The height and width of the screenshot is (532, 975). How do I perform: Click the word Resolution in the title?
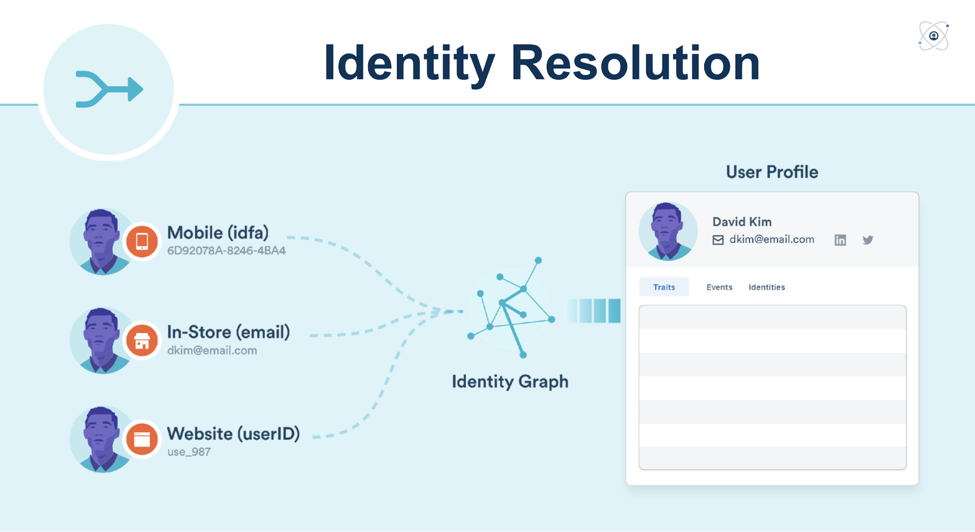point(635,63)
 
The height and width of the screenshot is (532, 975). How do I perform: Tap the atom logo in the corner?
point(934,36)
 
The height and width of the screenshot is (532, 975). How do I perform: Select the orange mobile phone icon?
point(142,241)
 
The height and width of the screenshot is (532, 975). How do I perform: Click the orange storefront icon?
point(142,340)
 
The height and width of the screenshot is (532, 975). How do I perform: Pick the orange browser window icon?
point(142,439)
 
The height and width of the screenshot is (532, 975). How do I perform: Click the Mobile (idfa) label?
point(218,233)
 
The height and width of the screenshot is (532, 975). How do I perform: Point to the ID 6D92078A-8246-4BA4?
point(226,251)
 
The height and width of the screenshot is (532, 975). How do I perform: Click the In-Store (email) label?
point(228,332)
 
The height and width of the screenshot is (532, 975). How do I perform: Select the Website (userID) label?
point(233,433)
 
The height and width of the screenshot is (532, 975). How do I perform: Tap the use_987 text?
point(189,452)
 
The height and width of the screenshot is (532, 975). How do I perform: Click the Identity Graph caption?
point(510,381)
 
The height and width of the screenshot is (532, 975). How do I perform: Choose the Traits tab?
point(664,287)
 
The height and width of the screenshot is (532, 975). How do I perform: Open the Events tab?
point(719,287)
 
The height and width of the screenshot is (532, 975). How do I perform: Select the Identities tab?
point(766,287)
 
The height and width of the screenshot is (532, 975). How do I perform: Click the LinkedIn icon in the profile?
point(840,240)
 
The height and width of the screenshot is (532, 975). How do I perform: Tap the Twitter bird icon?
point(868,240)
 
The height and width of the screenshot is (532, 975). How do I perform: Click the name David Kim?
point(741,222)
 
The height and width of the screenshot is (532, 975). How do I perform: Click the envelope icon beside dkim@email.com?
point(718,240)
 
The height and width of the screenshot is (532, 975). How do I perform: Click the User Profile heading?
point(772,172)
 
